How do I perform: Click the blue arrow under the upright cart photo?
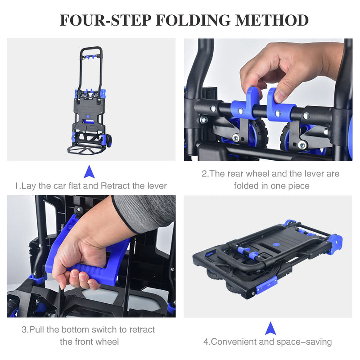tap(89, 171)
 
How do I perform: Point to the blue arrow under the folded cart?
tap(270, 328)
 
